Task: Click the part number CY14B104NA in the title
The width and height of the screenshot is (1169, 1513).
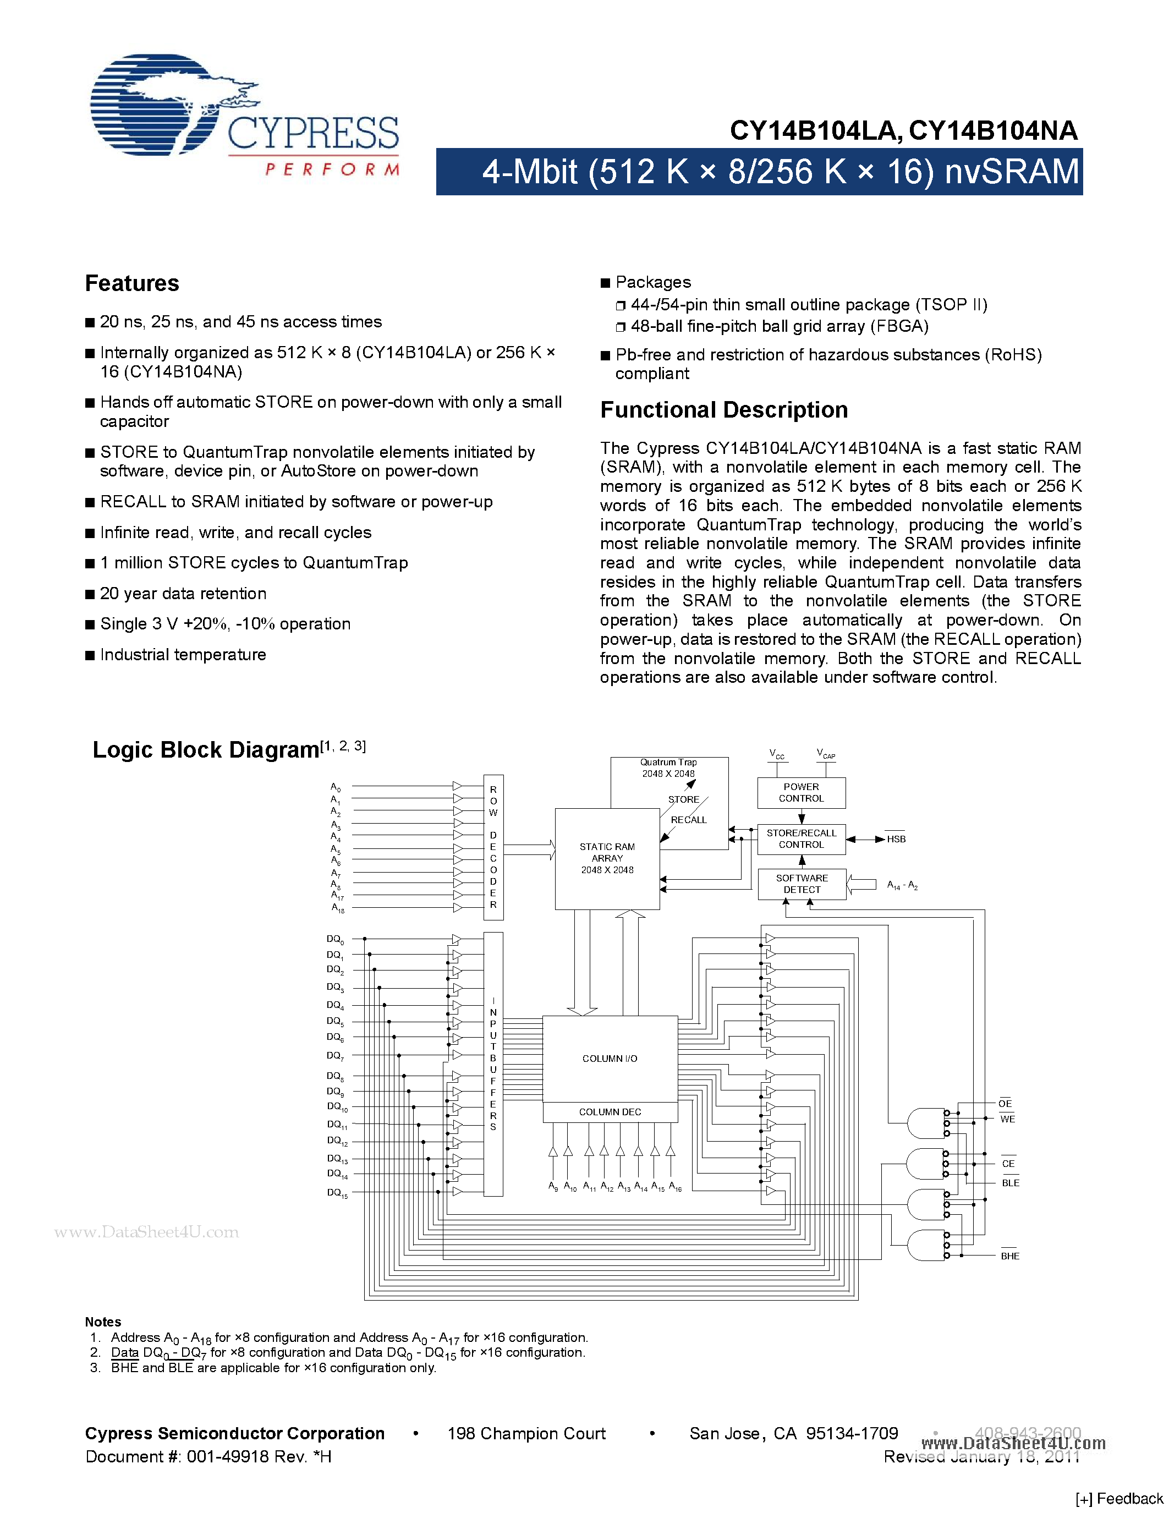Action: point(992,131)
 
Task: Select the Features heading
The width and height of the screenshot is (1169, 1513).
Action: point(131,283)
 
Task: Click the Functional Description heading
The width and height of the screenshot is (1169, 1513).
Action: point(724,410)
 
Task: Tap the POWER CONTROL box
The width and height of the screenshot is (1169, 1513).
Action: point(802,792)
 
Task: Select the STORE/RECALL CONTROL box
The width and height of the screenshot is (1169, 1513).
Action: point(802,839)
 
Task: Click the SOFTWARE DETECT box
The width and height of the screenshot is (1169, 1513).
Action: point(802,884)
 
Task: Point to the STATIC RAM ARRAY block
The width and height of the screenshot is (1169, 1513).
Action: point(607,858)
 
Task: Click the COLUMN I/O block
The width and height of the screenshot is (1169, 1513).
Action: point(610,1059)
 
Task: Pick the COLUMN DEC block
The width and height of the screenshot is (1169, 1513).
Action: point(610,1112)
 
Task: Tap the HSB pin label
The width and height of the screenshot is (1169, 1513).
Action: point(896,839)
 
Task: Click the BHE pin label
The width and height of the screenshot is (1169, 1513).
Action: point(1009,1256)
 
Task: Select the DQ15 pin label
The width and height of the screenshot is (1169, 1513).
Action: point(337,1193)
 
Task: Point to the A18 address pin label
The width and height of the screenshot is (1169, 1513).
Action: point(337,908)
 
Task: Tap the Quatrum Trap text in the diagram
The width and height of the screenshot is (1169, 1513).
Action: point(668,762)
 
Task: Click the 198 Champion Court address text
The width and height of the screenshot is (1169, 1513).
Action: point(526,1433)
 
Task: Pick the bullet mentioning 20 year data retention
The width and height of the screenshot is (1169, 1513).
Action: point(183,594)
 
